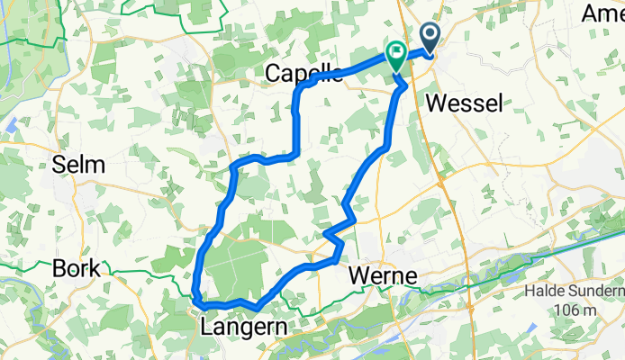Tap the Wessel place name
point(463,103)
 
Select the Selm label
point(78,166)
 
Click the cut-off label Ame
point(602,13)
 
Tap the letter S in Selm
point(59,166)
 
